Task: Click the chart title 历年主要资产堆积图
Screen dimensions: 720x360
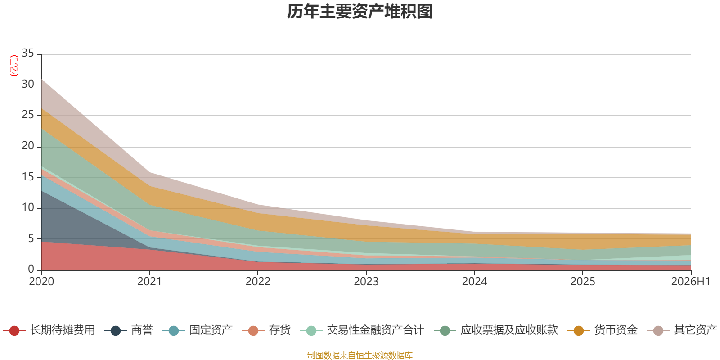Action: pos(360,12)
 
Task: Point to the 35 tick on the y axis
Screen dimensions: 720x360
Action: pos(28,53)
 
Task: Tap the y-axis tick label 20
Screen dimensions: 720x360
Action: pos(28,146)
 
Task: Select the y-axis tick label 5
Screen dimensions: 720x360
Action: pos(31,238)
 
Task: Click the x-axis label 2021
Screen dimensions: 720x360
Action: pos(149,282)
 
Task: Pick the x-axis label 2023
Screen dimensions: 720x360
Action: pos(366,282)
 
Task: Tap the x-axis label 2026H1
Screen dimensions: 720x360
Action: pos(691,282)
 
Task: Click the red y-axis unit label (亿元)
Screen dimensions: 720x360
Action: pos(14,66)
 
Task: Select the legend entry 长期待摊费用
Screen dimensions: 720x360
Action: pos(49,330)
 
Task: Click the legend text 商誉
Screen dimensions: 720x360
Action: pos(129,330)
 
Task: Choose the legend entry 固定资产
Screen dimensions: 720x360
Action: pos(198,330)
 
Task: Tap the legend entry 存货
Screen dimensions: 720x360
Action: pos(266,330)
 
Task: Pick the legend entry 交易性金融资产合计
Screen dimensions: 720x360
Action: pos(362,330)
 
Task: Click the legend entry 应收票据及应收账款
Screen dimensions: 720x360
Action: pos(496,330)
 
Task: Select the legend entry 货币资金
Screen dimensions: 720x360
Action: pos(603,330)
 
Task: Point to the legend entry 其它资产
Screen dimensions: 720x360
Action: pos(682,330)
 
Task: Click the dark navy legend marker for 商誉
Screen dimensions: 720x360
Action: pos(115,330)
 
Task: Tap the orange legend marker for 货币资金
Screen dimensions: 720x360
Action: pos(579,330)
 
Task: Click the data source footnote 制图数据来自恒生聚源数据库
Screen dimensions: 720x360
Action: pos(360,355)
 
